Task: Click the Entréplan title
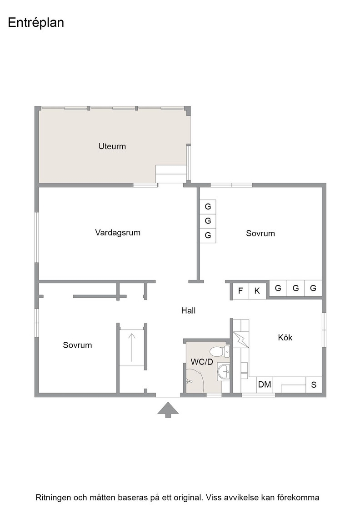tap(36, 23)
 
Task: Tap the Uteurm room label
tap(112, 146)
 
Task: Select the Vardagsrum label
tap(118, 233)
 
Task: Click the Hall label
tap(188, 311)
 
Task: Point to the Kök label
tap(285, 338)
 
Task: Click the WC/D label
tap(202, 362)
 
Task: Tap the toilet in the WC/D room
tap(220, 351)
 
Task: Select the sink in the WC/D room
tap(223, 371)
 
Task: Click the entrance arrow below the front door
tap(168, 409)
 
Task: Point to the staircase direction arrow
tap(131, 347)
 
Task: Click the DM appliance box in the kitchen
tap(265, 384)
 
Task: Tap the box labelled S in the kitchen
tap(314, 384)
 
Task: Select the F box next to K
tap(241, 290)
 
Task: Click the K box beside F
tap(257, 290)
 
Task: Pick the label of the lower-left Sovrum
tap(77, 345)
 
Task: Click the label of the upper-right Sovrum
tap(260, 234)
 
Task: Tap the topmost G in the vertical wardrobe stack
tap(208, 206)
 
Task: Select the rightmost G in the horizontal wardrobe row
tap(313, 288)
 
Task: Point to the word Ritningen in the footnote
tap(53, 497)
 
